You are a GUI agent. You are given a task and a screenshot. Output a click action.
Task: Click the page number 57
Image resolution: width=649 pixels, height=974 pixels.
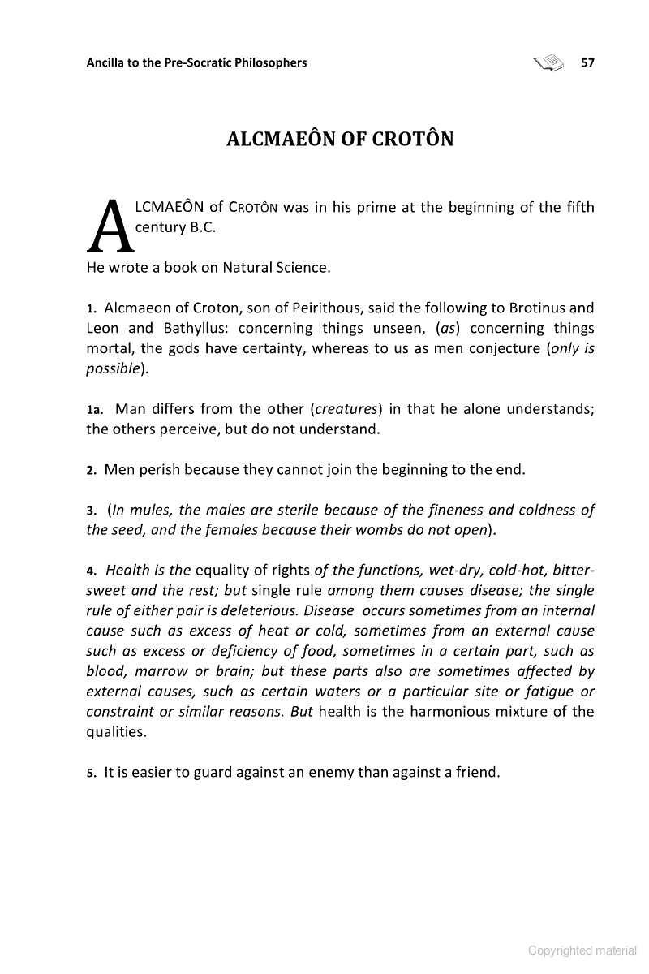pyautogui.click(x=588, y=62)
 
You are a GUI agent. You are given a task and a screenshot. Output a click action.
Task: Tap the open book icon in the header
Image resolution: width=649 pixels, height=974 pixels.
pyautogui.click(x=548, y=62)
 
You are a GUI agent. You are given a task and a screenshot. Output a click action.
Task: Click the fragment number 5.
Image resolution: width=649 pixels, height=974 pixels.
pyautogui.click(x=92, y=773)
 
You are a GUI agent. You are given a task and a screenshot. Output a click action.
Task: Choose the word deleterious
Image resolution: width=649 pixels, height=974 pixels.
pyautogui.click(x=255, y=610)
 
